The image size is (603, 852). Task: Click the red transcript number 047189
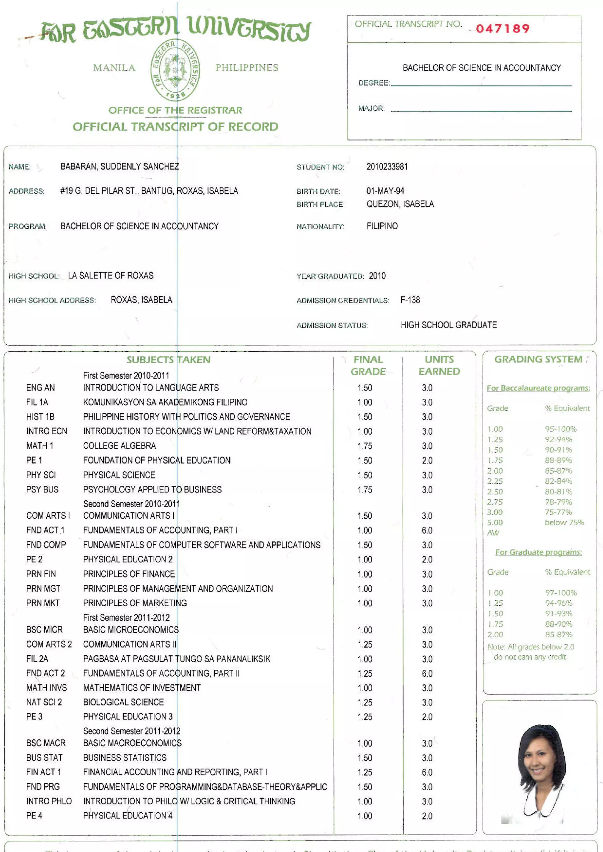click(502, 29)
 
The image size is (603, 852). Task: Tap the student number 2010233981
click(387, 167)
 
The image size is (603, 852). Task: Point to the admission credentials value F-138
click(410, 300)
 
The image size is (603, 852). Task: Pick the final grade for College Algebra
click(365, 446)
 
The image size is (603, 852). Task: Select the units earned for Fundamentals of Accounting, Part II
click(427, 673)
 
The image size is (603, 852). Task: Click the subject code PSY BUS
click(42, 490)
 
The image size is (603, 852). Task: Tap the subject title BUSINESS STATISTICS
click(125, 757)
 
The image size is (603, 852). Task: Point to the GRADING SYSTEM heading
click(538, 359)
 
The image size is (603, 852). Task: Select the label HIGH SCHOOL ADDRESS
click(52, 300)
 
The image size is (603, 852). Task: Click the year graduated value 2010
click(377, 276)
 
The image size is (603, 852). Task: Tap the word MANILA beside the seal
click(114, 68)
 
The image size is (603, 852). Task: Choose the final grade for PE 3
click(365, 716)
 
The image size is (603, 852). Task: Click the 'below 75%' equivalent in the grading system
click(564, 522)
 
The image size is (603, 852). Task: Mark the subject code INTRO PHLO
click(49, 801)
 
